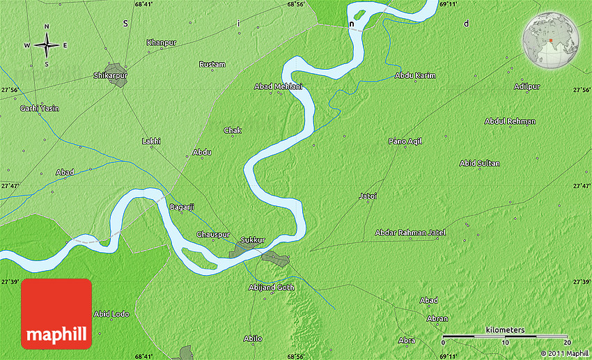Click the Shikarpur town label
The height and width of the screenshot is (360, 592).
point(110,75)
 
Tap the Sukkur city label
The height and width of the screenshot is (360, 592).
point(252,240)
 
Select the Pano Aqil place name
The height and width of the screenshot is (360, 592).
point(405,141)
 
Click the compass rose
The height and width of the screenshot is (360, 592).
point(47,45)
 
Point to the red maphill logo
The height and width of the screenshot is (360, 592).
point(56,313)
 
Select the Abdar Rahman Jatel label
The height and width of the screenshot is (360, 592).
point(410,233)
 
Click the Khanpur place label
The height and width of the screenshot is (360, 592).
point(162,43)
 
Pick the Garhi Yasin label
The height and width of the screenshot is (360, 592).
point(39,109)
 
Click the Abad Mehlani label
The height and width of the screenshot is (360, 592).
point(279,86)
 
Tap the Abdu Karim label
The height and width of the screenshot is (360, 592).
point(415,75)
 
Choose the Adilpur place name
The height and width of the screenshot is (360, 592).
point(527,86)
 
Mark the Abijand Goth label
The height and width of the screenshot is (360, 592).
point(272,288)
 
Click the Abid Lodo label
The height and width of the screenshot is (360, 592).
point(111,314)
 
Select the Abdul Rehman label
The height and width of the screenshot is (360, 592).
point(510,121)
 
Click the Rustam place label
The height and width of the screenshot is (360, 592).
point(212,65)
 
